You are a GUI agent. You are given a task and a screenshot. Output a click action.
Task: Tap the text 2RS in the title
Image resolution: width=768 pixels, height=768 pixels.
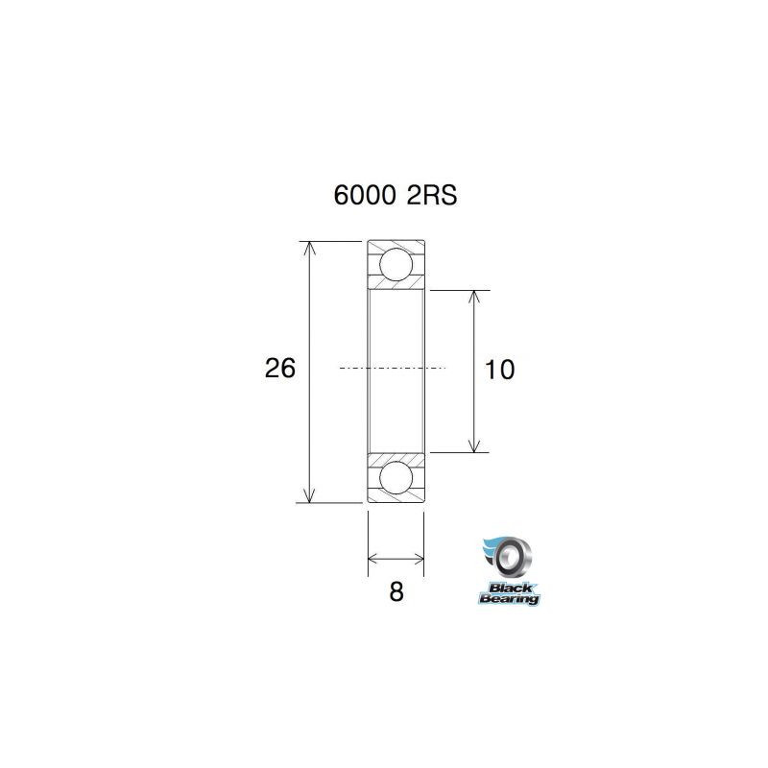pos(431,196)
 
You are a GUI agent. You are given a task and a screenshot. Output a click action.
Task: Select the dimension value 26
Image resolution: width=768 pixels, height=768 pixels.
pos(279,368)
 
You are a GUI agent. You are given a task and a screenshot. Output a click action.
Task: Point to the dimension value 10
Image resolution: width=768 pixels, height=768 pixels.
pos(500,369)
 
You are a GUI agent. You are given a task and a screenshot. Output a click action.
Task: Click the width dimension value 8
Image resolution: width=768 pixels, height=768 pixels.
pos(396,591)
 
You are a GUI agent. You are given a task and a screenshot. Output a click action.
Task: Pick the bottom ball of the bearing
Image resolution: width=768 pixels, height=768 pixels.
pos(396,477)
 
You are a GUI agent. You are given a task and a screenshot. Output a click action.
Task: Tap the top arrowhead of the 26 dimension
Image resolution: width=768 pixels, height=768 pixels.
pos(308,247)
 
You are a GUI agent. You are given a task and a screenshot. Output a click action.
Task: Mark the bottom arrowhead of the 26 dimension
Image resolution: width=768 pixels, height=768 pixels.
pos(308,495)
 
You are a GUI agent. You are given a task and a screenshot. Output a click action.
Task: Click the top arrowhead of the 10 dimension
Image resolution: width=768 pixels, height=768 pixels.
pos(474,297)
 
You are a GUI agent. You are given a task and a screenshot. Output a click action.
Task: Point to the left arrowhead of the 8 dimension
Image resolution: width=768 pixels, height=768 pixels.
pos(374,557)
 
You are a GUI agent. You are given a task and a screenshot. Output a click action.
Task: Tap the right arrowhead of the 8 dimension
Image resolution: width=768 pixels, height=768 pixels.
pos(418,557)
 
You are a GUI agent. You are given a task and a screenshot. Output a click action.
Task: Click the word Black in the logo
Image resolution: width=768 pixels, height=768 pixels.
pos(509,588)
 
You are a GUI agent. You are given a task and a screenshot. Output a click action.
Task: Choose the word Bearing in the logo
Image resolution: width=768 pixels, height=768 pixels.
pos(510,600)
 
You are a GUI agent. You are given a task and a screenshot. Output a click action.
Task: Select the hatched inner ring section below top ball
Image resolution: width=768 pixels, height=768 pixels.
pos(396,284)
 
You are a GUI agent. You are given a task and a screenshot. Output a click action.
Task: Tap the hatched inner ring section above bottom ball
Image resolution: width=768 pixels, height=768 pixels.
pos(396,456)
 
